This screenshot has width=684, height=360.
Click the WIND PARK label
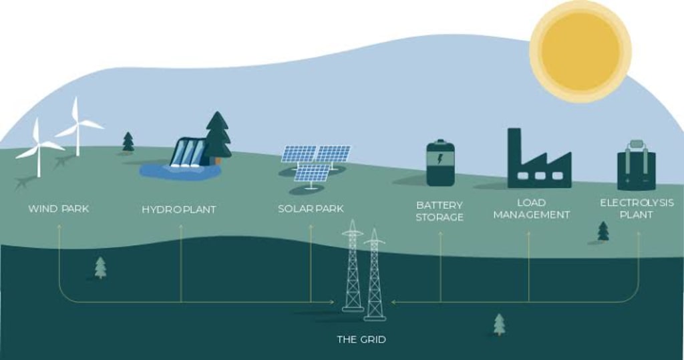click(58, 209)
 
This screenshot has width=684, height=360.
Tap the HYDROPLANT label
click(178, 210)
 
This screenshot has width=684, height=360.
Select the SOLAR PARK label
click(311, 209)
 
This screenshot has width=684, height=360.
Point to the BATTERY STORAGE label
click(440, 210)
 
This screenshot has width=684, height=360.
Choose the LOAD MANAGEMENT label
click(531, 208)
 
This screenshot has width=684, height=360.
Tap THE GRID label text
click(361, 339)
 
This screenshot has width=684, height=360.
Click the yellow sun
click(580, 51)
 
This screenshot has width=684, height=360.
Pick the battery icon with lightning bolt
click(440, 163)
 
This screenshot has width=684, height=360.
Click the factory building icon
click(538, 164)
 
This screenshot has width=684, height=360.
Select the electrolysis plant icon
click(636, 166)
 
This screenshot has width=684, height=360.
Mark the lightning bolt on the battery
click(440, 159)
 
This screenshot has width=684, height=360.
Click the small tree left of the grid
click(100, 267)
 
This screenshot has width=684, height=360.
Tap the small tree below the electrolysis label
click(603, 231)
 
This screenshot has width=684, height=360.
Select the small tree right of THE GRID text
click(499, 324)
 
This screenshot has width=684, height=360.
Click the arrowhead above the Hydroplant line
click(180, 227)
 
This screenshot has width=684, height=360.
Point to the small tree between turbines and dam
click(128, 142)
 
